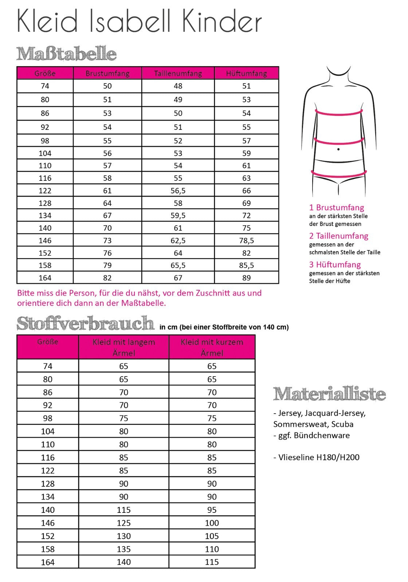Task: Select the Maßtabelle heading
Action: [67, 54]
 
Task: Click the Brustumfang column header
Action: [107, 73]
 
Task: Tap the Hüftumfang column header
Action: [247, 73]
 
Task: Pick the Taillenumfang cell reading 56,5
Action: [178, 191]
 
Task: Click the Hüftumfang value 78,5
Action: [247, 240]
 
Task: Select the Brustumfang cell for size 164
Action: [107, 278]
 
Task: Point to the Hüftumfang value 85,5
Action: [247, 266]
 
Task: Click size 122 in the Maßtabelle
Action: [45, 191]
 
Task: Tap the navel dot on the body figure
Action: [338, 149]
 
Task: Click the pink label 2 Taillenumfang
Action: [339, 236]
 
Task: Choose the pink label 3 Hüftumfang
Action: [335, 264]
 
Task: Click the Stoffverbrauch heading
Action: [86, 323]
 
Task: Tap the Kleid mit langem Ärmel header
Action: [124, 347]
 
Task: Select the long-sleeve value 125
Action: [124, 523]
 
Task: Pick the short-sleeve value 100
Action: [212, 523]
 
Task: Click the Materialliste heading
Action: [329, 394]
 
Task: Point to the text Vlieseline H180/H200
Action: [316, 457]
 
